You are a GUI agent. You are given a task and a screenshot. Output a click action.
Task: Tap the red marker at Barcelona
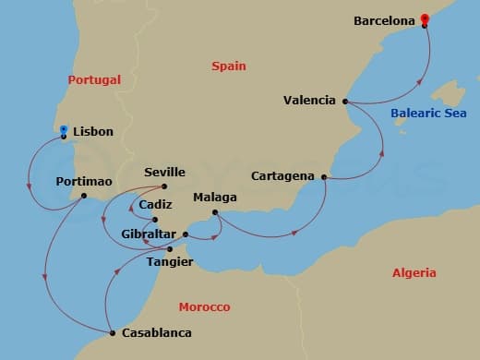(424, 18)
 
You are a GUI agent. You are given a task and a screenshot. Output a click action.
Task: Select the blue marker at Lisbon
(63, 130)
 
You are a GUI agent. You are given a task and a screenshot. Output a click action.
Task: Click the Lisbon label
(92, 132)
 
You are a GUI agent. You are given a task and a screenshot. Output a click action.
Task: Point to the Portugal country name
(94, 80)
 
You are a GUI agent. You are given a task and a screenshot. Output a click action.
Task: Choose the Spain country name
(228, 66)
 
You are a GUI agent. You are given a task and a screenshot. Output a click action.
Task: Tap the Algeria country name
(414, 273)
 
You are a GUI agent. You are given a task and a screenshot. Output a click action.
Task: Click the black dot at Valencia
(344, 101)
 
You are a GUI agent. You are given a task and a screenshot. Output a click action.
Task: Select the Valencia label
(309, 101)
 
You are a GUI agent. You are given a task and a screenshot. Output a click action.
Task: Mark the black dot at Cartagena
(323, 175)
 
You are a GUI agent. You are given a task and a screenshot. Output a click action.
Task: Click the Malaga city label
(215, 198)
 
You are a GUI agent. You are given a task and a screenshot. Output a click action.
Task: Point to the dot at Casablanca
(111, 332)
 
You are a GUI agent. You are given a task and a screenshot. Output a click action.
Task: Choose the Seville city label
(165, 173)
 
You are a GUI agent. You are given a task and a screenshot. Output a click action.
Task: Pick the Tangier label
(170, 262)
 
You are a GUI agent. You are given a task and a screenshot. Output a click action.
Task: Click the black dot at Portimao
(84, 195)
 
